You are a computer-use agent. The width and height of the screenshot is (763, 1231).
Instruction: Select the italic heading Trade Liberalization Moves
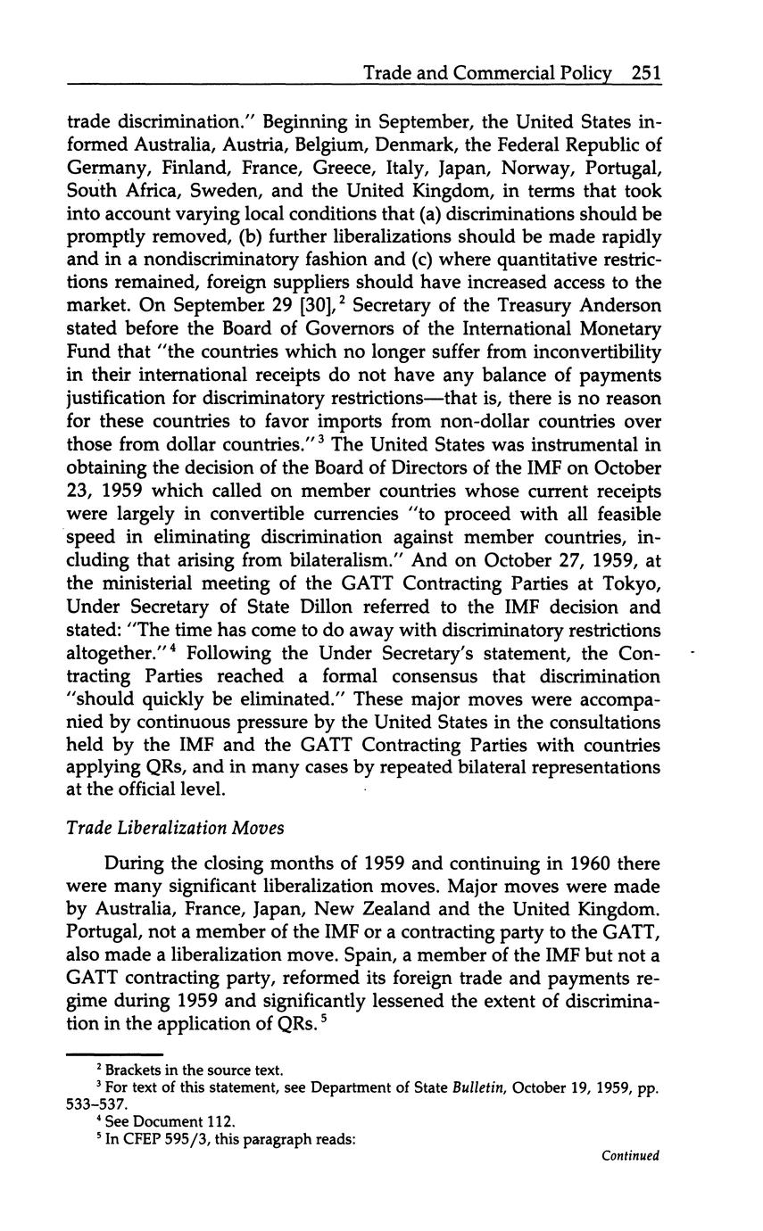[175, 828]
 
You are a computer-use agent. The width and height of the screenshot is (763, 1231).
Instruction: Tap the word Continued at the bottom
[630, 1155]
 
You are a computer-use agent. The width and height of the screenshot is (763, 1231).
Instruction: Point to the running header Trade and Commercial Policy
[487, 73]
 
